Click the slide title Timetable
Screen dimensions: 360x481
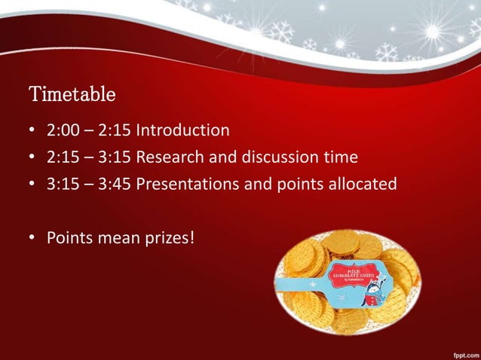[72, 96]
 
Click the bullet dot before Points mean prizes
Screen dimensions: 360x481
[33, 239]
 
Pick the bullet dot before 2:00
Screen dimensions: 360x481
[33, 132]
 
